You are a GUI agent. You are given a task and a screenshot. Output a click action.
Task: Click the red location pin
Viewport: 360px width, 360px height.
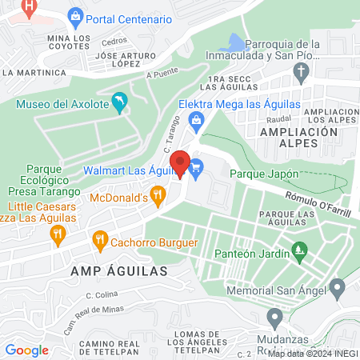181,164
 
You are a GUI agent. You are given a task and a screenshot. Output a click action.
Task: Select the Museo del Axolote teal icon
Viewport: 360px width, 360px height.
119,102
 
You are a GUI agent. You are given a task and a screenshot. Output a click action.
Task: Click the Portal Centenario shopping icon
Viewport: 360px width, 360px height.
75,16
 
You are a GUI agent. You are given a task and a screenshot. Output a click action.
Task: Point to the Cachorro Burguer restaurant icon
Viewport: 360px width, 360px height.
100,238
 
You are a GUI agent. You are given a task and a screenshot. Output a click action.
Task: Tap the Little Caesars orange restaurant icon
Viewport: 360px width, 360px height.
57,234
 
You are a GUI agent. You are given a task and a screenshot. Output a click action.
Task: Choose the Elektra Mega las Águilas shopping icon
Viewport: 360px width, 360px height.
195,121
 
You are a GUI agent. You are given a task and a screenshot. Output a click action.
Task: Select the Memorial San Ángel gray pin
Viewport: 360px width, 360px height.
337,286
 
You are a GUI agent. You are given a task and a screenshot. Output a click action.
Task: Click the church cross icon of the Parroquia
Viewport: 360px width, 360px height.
301,74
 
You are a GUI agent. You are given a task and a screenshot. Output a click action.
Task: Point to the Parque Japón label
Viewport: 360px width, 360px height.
264,173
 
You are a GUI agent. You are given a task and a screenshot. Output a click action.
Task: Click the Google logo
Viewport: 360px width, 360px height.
26,350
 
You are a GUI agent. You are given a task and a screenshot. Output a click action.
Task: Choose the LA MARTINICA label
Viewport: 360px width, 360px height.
34,72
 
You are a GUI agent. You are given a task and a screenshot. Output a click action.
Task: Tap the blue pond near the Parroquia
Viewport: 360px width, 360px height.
237,43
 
